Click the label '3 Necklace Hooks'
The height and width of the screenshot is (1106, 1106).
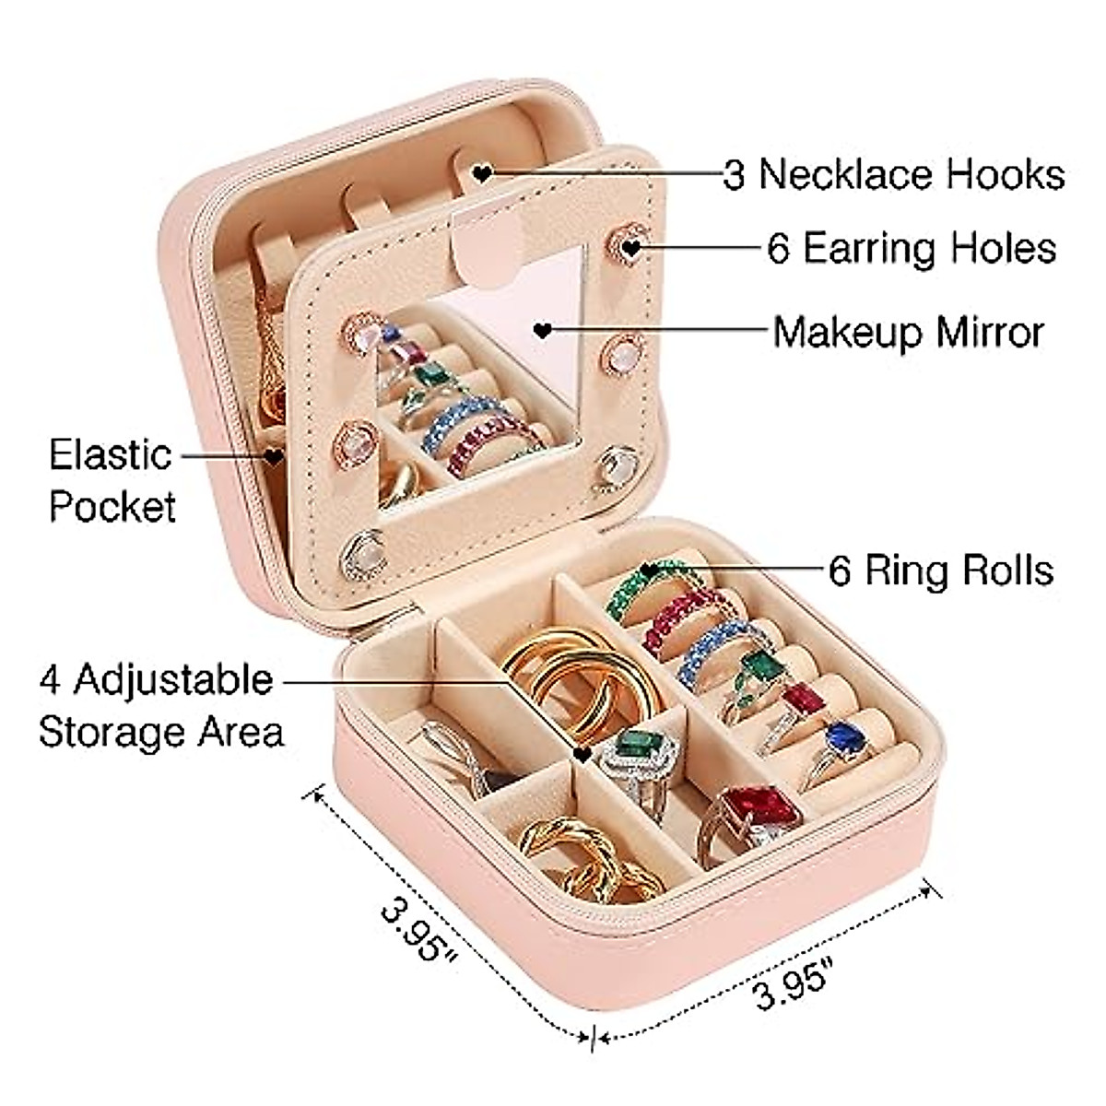coord(893,174)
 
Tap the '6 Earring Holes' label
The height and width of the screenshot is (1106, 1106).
coord(912,248)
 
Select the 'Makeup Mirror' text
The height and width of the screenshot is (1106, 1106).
coord(908,331)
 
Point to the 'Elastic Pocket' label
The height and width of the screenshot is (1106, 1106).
coord(112,480)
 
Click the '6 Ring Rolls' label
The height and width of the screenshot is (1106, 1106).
coord(941,571)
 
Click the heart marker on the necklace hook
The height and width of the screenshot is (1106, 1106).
coord(481,172)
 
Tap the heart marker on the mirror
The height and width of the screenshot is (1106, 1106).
coord(544,329)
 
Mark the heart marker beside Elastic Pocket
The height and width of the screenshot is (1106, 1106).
coord(275,455)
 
